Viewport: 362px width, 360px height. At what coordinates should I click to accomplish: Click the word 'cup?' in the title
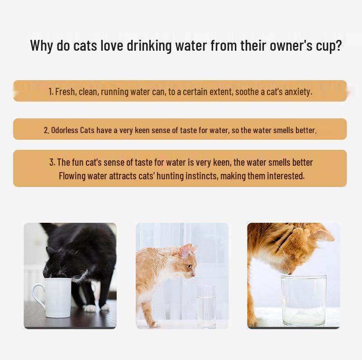click(x=329, y=46)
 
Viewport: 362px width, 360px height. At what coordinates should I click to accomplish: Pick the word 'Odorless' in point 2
click(x=65, y=130)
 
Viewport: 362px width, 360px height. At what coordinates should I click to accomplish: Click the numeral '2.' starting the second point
click(x=47, y=130)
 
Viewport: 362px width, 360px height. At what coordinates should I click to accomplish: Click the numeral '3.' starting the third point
click(x=52, y=162)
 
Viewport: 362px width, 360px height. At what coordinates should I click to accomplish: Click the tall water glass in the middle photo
click(x=206, y=306)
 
